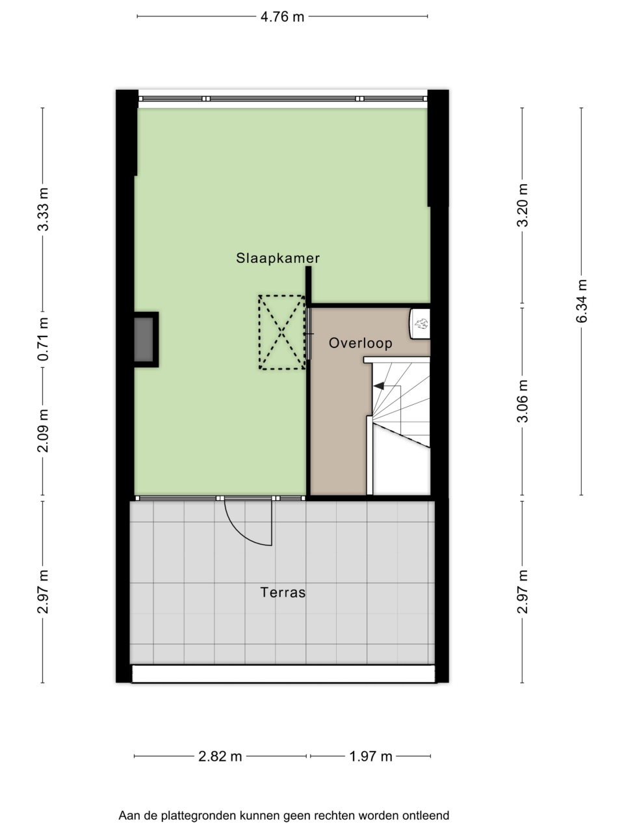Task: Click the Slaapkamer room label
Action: pos(278,258)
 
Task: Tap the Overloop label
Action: pos(360,343)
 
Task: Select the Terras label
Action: pos(283,592)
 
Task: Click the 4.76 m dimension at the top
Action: pos(282,17)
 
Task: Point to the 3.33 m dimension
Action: pos(43,209)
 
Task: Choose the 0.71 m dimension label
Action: pos(43,339)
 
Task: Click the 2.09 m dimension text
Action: pos(43,431)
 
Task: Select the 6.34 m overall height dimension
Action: pos(582,301)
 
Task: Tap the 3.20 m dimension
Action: pos(523,205)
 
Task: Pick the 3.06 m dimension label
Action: pos(523,401)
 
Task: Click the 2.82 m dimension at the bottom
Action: pos(220,757)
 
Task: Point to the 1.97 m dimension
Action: pos(370,757)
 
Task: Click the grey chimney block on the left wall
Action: pos(144,340)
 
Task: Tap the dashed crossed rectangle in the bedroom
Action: pos(282,333)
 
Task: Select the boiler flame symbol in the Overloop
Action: pos(421,323)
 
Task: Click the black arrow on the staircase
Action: pos(378,386)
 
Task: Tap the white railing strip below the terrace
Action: pos(284,674)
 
